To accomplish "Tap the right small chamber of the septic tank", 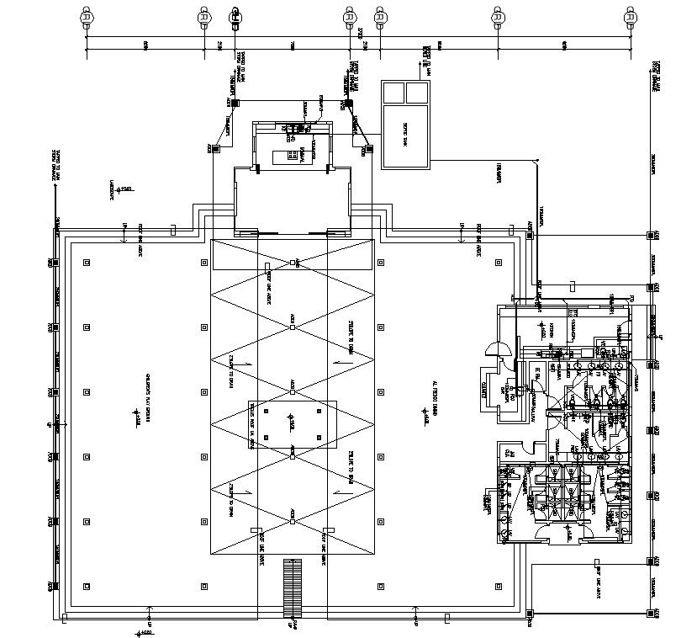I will [417, 92].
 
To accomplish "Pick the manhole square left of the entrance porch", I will [215, 150].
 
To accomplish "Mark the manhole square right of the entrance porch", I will [367, 150].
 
